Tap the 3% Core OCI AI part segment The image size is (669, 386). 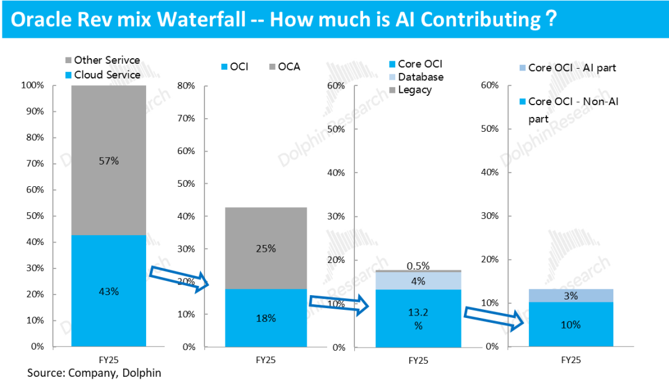[571, 296]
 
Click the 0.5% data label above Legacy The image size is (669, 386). [418, 266]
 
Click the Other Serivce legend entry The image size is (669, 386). [102, 60]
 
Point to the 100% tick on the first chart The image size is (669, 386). [33, 85]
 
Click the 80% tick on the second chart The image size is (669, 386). [186, 85]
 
